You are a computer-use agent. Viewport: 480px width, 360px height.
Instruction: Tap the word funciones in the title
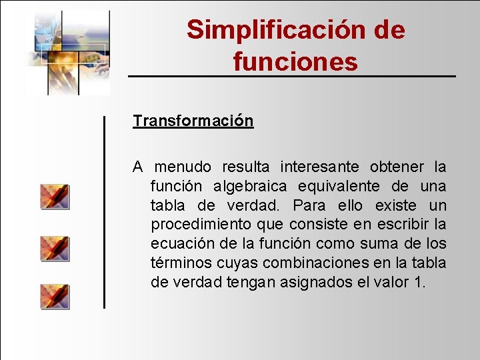coord(295,62)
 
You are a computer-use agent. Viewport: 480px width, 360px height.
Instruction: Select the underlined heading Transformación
coord(193,121)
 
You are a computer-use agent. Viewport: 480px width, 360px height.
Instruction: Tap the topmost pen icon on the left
coord(55,197)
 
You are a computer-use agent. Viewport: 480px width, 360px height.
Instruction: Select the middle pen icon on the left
coord(55,248)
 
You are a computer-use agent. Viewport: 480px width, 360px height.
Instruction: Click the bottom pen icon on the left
coord(55,296)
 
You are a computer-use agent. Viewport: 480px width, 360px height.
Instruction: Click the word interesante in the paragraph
coord(319,166)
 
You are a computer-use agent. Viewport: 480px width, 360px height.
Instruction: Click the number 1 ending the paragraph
coord(419,282)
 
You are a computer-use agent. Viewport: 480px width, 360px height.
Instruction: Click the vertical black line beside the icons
coord(104,212)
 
